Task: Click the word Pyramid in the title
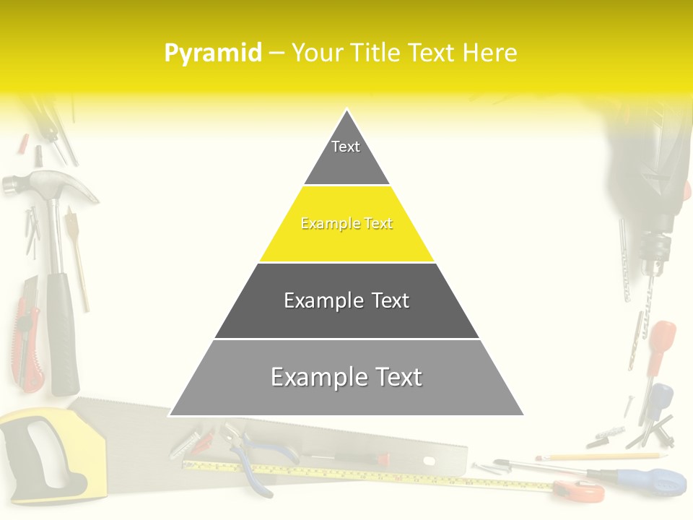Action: point(213,53)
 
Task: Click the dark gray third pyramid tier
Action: point(346,301)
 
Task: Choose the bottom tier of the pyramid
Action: point(346,378)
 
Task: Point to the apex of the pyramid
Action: point(346,113)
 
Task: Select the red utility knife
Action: point(26,332)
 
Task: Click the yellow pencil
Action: point(599,456)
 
